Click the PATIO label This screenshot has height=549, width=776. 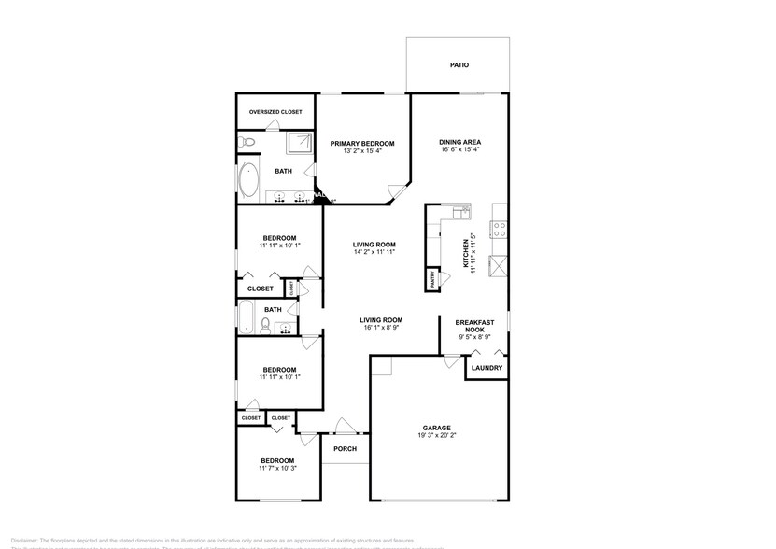coord(459,65)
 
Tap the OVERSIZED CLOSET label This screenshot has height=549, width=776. coord(275,112)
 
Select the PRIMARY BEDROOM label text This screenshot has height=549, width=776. coord(362,144)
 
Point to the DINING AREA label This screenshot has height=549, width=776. coord(459,144)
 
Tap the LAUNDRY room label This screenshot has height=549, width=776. coord(487,368)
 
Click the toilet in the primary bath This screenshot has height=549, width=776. coord(245,141)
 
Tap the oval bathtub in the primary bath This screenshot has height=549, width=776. coord(249,180)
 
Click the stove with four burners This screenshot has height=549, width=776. coord(500,226)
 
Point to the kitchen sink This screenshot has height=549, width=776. coord(459,214)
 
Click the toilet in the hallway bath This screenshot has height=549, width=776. coord(265,325)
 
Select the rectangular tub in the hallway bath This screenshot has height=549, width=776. coord(247,317)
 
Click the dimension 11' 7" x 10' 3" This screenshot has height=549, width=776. coord(277,469)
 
